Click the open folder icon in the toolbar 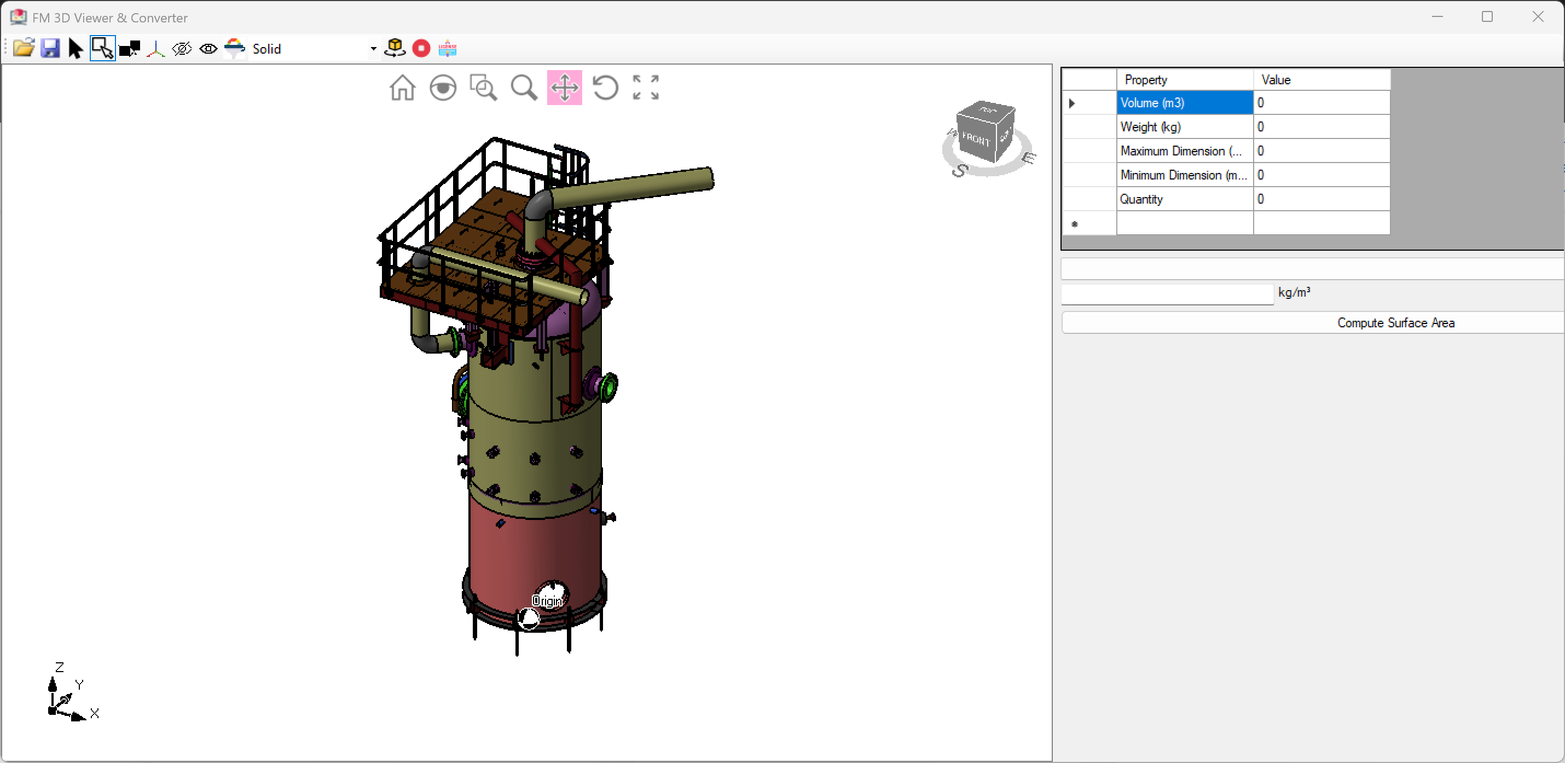[x=23, y=48]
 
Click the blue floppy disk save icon [x=50, y=48]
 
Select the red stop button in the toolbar [x=421, y=48]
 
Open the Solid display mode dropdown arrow [x=373, y=49]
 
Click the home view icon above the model [x=402, y=88]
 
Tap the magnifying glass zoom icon [x=524, y=88]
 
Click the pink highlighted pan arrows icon [x=564, y=88]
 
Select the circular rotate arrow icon [x=605, y=88]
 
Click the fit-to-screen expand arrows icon [x=645, y=88]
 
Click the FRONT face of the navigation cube [x=976, y=139]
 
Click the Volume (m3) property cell [x=1184, y=103]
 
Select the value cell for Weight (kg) [x=1321, y=127]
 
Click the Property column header [x=1184, y=79]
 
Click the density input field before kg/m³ [x=1167, y=294]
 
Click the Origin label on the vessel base [x=547, y=601]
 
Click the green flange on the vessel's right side [x=607, y=386]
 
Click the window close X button [x=1538, y=17]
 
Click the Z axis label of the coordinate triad [x=60, y=667]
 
